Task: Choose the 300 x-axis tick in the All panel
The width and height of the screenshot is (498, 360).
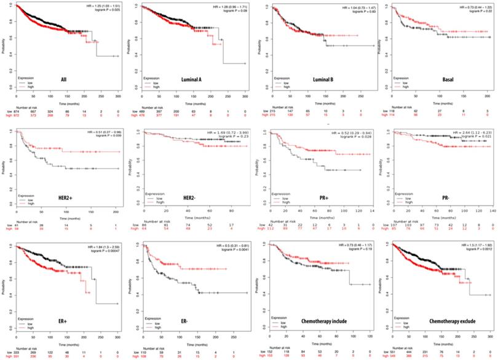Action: pyautogui.click(x=118, y=97)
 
